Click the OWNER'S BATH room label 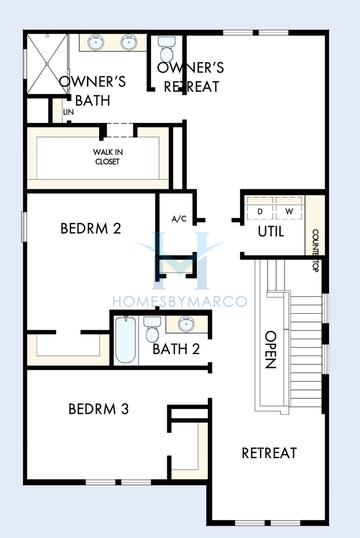coord(91,90)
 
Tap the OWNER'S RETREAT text coord(191,77)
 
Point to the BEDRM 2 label coord(90,228)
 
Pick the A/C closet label coord(180,218)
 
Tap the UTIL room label coord(271,231)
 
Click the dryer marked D coord(261,211)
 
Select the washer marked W coord(290,211)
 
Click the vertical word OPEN coord(269,350)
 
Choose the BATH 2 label coord(176,349)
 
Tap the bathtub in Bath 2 coord(125,339)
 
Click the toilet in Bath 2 coord(151,327)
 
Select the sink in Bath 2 coord(186,323)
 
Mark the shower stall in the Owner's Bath coord(46,62)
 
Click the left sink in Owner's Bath coord(97,43)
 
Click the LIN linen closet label coord(68,112)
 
